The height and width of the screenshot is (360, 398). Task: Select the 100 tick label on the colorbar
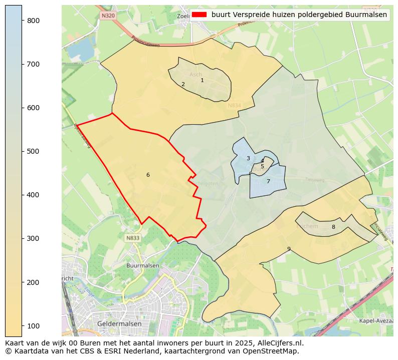[34, 326]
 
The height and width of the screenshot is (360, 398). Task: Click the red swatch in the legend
[199, 15]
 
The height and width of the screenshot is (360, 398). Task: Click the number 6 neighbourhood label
[148, 175]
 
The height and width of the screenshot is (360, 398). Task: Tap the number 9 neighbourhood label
[289, 249]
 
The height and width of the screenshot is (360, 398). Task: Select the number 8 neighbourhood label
[333, 227]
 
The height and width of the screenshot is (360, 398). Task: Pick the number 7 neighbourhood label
[268, 181]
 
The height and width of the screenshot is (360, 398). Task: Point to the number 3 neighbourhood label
[248, 158]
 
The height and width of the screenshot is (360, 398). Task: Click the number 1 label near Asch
[202, 80]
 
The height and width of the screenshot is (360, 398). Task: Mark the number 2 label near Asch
[183, 84]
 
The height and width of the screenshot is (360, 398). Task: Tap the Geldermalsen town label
[120, 324]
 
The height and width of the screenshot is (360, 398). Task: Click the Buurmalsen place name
[143, 265]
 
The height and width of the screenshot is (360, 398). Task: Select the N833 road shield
[133, 238]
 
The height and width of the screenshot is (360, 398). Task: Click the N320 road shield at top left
[108, 16]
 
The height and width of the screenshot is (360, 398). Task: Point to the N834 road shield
[234, 105]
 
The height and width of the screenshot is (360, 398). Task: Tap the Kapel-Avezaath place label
[376, 320]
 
